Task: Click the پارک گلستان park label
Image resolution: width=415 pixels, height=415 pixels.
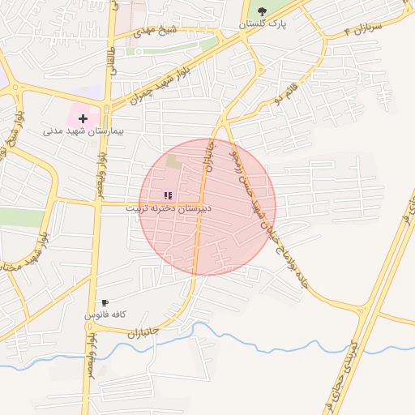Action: coord(262,25)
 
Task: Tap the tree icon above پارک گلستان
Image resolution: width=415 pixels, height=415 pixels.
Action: coord(262,11)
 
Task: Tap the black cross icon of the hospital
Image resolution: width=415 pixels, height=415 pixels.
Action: coord(83,118)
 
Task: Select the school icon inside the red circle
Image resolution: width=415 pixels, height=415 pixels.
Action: coord(168,195)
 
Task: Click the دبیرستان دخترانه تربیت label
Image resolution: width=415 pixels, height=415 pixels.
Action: coord(168,208)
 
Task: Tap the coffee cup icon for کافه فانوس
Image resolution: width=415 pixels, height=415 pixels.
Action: coord(105,302)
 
